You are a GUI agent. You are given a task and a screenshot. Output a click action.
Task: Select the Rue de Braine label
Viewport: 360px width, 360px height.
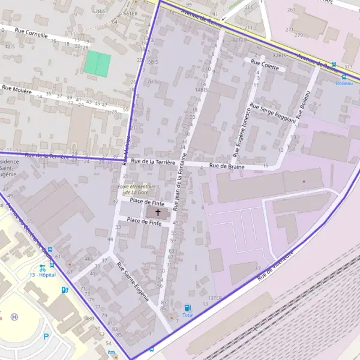(x=226, y=166)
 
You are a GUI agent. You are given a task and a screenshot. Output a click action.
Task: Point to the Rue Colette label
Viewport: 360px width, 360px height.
(x=265, y=65)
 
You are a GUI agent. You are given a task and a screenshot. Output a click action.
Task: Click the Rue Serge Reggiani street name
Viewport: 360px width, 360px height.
(x=273, y=113)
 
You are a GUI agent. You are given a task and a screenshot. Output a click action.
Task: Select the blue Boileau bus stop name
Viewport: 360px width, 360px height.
(x=344, y=83)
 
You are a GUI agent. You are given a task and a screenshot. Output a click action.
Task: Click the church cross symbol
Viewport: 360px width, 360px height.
(x=158, y=212)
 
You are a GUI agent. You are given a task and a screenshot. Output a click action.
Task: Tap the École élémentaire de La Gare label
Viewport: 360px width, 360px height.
(x=133, y=189)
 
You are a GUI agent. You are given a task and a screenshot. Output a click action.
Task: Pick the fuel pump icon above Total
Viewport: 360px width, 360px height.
(x=188, y=307)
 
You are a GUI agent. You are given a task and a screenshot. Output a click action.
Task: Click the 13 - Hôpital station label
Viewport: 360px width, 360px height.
(x=43, y=275)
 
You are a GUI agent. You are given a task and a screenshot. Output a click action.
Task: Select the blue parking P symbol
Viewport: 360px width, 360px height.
(x=46, y=337)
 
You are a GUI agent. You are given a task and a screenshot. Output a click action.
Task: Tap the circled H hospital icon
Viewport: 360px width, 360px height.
(x=14, y=317)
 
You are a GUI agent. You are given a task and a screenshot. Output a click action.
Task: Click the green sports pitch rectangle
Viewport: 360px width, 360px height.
(x=97, y=63)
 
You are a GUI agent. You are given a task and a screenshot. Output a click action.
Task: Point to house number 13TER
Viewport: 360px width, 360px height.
(x=214, y=298)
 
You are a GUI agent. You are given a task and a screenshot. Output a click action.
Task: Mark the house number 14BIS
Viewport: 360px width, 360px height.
(x=201, y=89)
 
